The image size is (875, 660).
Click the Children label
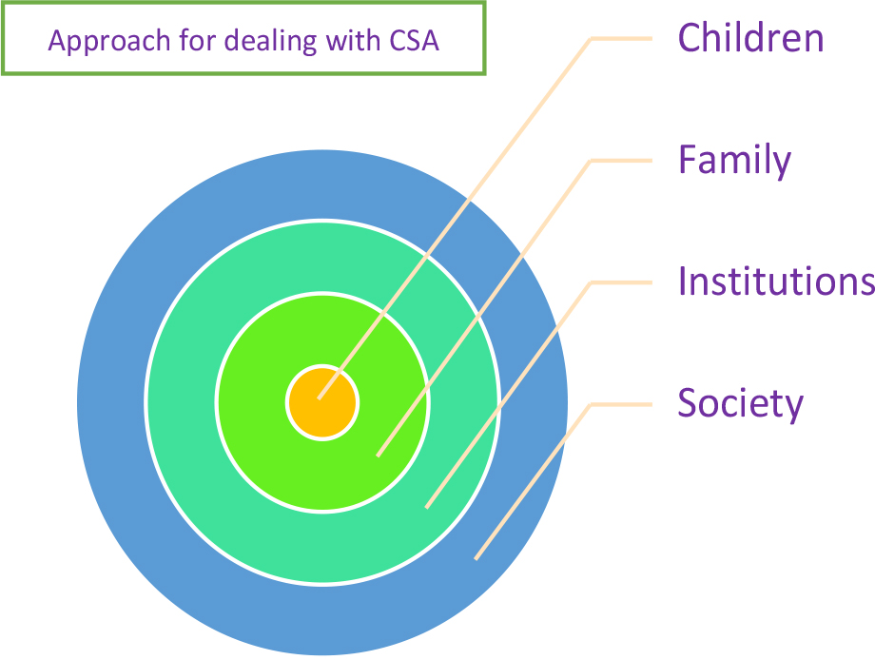pyautogui.click(x=750, y=38)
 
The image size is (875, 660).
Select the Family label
pyautogui.click(x=734, y=161)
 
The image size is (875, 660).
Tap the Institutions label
pyautogui.click(x=776, y=281)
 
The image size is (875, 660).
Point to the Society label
pyautogui.click(x=741, y=404)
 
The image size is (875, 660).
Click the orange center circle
pyautogui.click(x=322, y=403)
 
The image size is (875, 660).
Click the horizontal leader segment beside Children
pyautogui.click(x=621, y=38)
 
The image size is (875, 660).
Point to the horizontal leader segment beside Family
pyautogui.click(x=621, y=161)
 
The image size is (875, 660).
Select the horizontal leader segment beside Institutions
pyautogui.click(x=621, y=282)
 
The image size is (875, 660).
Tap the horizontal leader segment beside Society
pyautogui.click(x=621, y=404)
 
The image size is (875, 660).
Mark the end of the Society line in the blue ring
pyautogui.click(x=476, y=559)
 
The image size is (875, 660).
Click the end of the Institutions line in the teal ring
pyautogui.click(x=427, y=508)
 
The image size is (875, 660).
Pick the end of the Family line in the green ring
pyautogui.click(x=378, y=456)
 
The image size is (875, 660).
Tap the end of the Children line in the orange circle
pyautogui.click(x=319, y=398)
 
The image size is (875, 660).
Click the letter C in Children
pyautogui.click(x=690, y=38)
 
